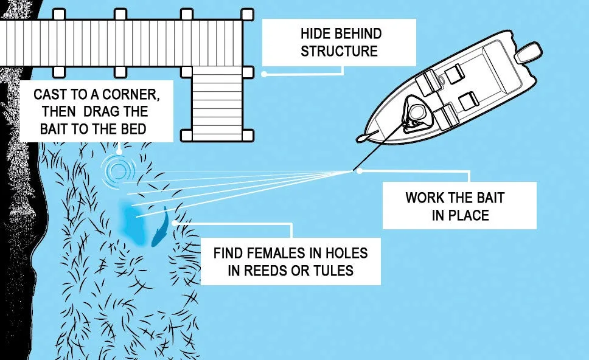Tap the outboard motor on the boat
[528, 53]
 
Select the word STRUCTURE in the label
[339, 51]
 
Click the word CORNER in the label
[131, 95]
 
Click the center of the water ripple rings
[118, 171]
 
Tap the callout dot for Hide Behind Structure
[264, 74]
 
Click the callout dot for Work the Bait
[360, 171]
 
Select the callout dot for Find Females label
[175, 223]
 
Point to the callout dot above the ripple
[119, 152]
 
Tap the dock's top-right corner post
[247, 15]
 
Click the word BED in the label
[133, 129]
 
